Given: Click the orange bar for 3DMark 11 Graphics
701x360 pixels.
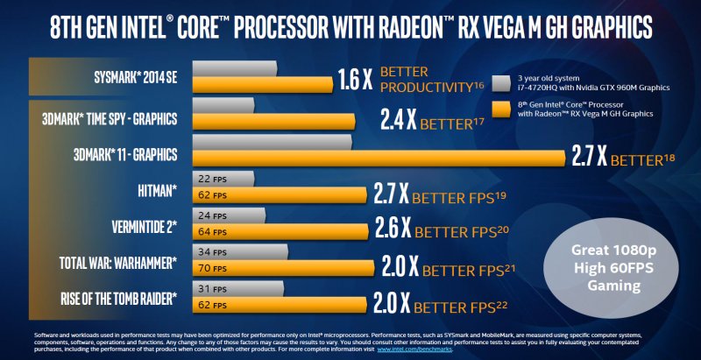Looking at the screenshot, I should coord(377,159).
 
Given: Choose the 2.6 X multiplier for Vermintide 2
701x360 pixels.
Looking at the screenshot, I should coord(393,229).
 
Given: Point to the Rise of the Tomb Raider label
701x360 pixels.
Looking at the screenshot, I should coord(118,299).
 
